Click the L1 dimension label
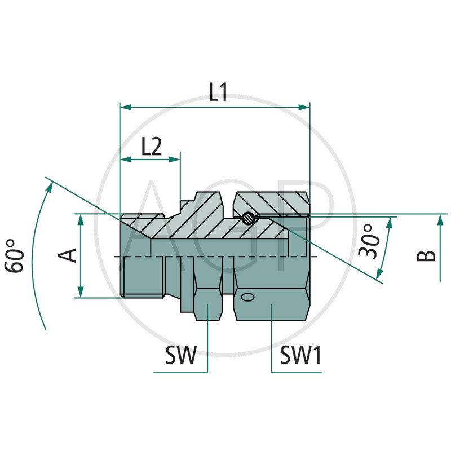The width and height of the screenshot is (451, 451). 218,92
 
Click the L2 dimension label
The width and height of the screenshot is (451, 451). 151,148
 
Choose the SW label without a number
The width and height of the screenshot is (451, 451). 180,356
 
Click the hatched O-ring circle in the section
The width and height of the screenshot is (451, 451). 246,217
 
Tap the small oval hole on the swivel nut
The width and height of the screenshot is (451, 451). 246,296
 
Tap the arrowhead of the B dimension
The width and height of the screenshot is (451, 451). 440,219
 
